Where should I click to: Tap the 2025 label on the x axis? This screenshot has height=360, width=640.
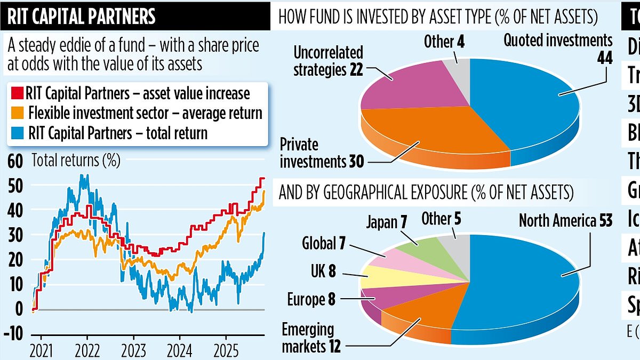pos(226,353)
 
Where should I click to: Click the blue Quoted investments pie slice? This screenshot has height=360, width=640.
pos(533,107)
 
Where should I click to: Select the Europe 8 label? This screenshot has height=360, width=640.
pos(311,300)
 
